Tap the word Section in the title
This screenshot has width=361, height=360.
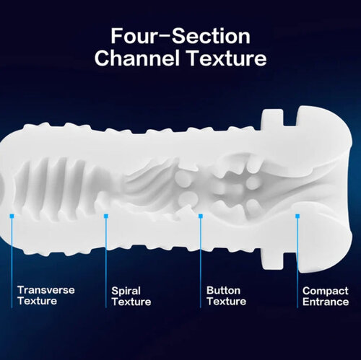211,36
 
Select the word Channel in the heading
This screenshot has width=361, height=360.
137,58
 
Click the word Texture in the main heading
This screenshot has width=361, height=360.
227,58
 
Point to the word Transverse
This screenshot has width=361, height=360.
46,290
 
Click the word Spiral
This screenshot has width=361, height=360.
126,291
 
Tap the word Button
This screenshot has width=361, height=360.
223,291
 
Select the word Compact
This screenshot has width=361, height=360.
326,291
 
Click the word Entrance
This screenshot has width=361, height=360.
326,302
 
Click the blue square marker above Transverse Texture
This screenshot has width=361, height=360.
12,216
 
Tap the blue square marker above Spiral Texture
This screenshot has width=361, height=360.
106,216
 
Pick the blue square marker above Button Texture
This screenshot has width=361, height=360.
201,216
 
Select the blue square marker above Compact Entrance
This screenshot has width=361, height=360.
297,216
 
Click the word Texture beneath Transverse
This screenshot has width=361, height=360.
37,301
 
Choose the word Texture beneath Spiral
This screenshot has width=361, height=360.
131,302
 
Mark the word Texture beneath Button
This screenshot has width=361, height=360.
226,302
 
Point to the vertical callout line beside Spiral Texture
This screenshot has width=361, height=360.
106,263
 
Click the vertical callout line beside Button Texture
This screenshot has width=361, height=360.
201,263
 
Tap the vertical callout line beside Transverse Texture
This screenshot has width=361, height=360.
12,263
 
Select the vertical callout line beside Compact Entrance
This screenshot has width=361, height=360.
297,263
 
